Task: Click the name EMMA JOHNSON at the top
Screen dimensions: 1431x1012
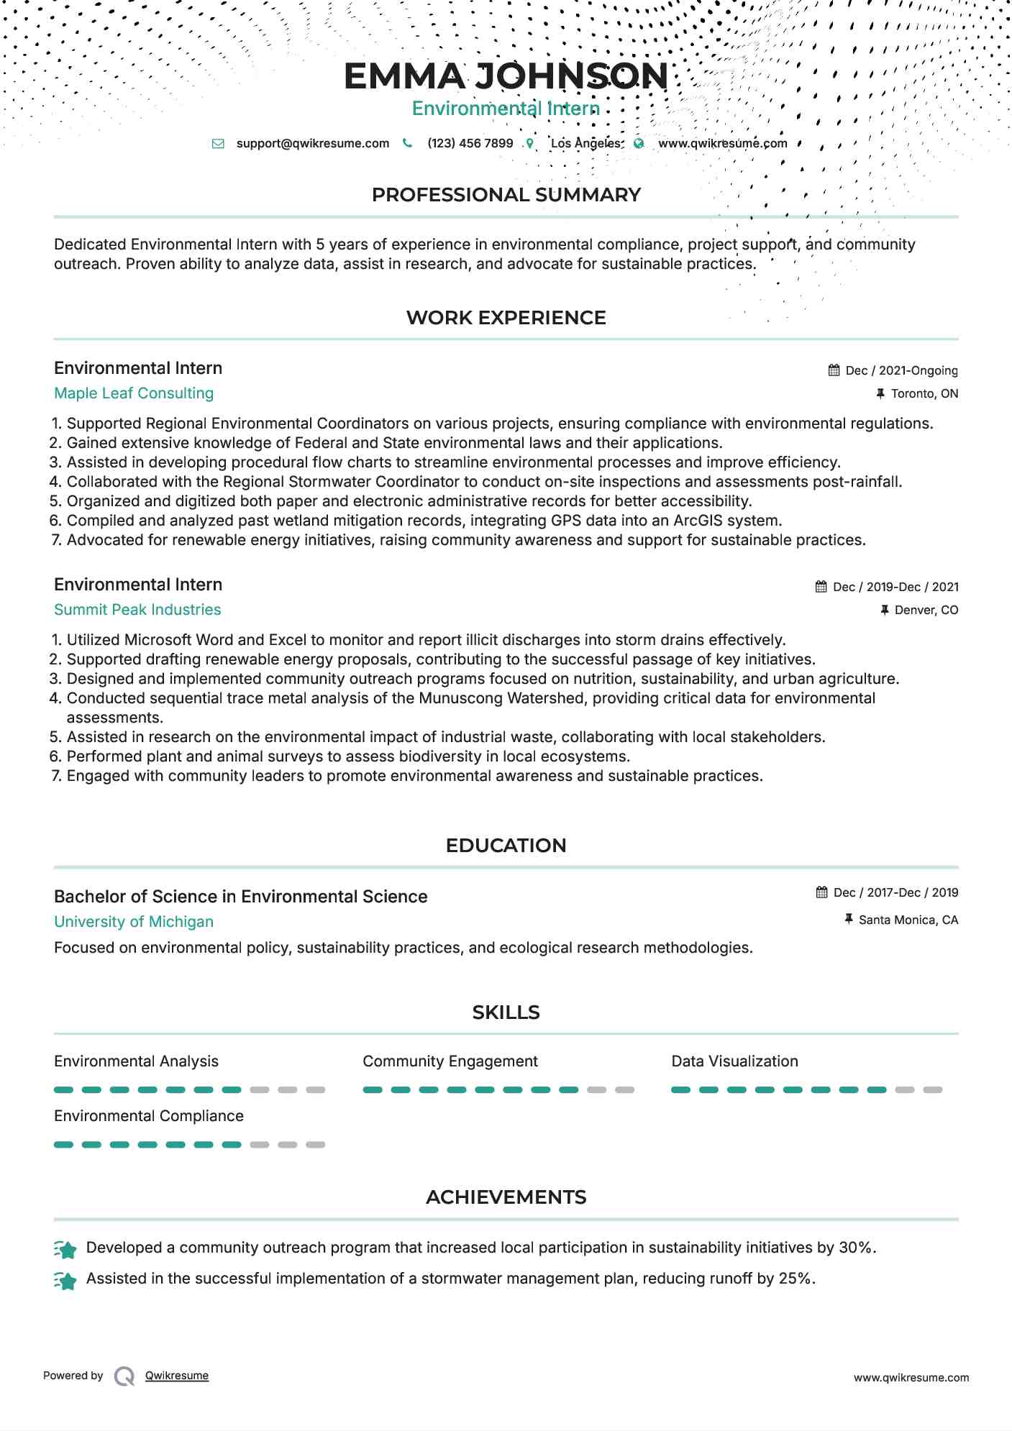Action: (x=506, y=76)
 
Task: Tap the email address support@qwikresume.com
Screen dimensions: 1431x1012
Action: (x=312, y=143)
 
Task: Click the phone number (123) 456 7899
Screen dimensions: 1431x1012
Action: (x=470, y=143)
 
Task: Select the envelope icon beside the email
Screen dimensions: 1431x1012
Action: (x=218, y=144)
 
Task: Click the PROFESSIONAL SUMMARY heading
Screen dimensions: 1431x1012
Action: (x=506, y=195)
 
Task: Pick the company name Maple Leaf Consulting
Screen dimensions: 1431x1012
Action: (x=134, y=393)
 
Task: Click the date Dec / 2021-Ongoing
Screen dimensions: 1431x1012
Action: (x=901, y=370)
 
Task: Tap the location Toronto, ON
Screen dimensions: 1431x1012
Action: (x=924, y=393)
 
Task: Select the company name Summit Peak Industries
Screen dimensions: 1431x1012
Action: (x=137, y=610)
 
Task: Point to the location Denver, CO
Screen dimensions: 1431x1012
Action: (x=926, y=610)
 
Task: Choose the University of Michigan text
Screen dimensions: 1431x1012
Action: (x=134, y=922)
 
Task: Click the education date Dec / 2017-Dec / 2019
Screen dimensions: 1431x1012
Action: (x=895, y=892)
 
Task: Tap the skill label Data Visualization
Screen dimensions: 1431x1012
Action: (x=734, y=1061)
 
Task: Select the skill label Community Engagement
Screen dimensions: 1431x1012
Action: (x=450, y=1061)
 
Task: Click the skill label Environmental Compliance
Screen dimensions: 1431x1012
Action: (x=149, y=1116)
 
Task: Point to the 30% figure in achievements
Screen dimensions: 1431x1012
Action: (x=855, y=1248)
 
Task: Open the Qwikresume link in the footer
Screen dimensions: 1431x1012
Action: (x=177, y=1376)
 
